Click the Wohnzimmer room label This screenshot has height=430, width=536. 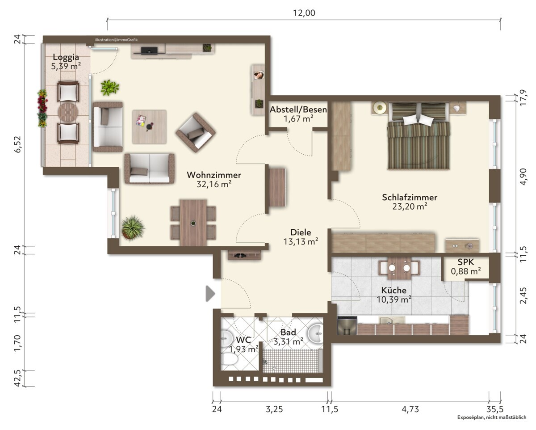coord(214,175)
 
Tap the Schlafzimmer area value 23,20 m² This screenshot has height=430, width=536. coord(410,207)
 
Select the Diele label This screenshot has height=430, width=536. coord(301,232)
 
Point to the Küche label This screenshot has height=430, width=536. coord(394,290)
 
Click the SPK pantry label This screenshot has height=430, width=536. coord(466,262)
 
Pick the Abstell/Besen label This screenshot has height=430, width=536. coord(298,110)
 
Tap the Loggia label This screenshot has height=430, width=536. coord(66,57)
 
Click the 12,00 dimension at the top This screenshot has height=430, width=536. coord(304,13)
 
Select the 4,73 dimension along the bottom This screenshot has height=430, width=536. coord(410,409)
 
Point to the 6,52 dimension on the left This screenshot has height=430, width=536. coord(18,144)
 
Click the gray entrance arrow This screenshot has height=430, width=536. coord(210,294)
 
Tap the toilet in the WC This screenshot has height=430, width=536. coord(230,359)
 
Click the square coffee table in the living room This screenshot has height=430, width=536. coord(149,127)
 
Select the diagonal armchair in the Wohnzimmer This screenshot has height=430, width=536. coord(196,132)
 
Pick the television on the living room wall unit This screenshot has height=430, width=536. coord(149,51)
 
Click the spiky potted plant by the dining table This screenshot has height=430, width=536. coord(133,228)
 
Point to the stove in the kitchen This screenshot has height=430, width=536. coord(347,325)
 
